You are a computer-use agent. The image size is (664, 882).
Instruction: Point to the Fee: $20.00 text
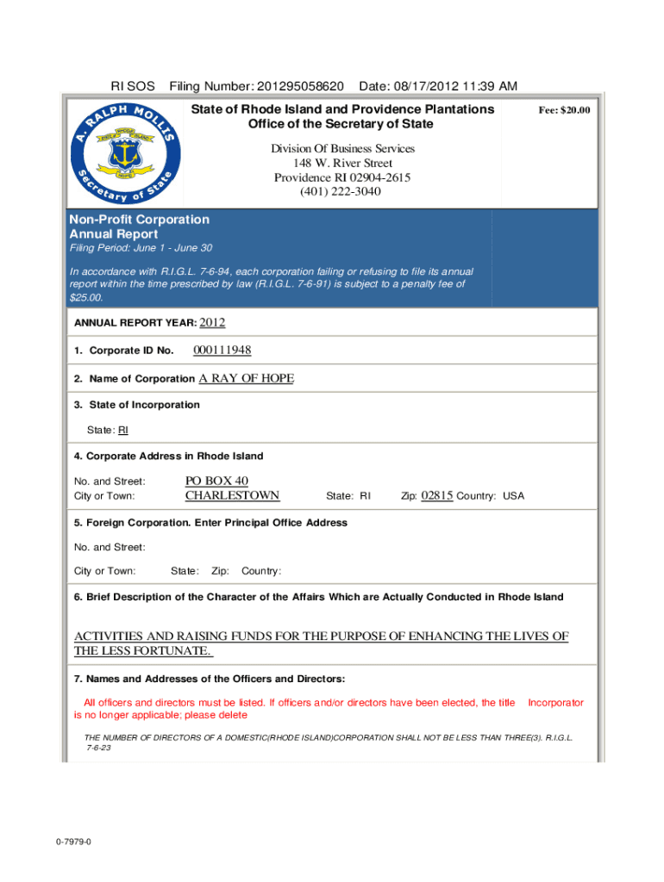point(564,111)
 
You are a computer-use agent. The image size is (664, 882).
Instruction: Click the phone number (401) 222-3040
point(342,191)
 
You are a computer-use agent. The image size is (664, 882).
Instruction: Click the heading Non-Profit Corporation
point(139,220)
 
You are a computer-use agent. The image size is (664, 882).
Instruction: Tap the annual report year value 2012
point(212,323)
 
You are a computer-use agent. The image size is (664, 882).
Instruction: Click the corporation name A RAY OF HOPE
point(246,377)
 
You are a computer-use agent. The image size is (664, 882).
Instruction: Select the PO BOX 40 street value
point(216,481)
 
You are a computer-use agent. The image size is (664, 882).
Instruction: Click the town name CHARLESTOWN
point(232,495)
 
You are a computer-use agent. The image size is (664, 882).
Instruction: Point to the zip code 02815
point(437,495)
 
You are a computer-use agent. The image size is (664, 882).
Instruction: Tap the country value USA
point(513,496)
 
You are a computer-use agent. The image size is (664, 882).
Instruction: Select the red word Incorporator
point(555,703)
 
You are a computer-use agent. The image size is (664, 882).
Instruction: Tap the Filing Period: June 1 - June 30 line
point(141,248)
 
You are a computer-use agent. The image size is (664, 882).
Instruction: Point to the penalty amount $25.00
point(85,297)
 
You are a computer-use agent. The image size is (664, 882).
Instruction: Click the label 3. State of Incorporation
point(137,405)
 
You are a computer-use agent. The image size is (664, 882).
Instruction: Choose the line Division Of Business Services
point(342,148)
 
